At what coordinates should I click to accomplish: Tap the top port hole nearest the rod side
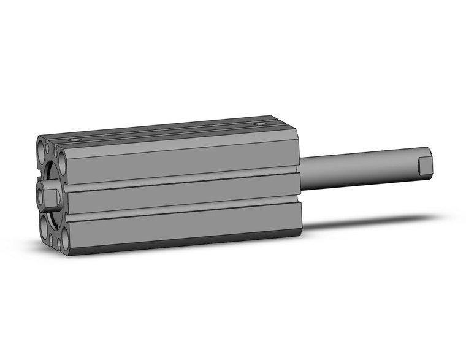[x=262, y=124]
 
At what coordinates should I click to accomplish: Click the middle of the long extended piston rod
[x=362, y=166]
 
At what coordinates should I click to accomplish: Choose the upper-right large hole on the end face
[x=62, y=163]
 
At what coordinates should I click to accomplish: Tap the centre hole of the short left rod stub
[x=41, y=196]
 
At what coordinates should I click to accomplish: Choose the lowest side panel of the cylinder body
[x=184, y=228]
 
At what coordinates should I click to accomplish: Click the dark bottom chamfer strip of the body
[x=184, y=245]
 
